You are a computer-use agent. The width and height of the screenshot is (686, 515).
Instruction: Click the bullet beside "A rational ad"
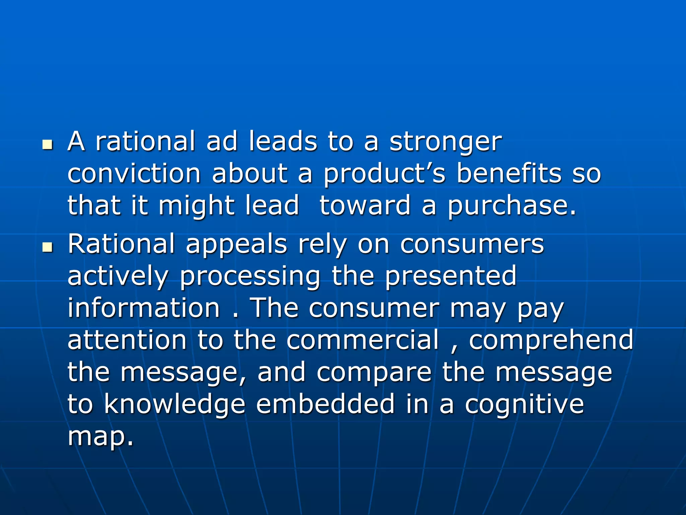pyautogui.click(x=48, y=145)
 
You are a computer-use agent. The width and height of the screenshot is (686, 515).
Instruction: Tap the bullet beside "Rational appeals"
pyautogui.click(x=48, y=248)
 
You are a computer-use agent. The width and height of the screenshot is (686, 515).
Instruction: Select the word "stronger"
pyautogui.click(x=445, y=142)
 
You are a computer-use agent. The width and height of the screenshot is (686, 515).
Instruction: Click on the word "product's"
pyautogui.click(x=384, y=174)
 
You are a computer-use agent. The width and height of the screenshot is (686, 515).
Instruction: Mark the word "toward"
pyautogui.click(x=365, y=205)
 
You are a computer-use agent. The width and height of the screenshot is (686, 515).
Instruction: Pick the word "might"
pyautogui.click(x=196, y=206)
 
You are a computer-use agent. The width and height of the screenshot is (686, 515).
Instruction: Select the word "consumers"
pyautogui.click(x=472, y=244)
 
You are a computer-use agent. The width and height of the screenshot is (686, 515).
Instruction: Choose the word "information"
pyautogui.click(x=144, y=308)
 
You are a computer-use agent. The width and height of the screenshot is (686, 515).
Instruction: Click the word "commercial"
pyautogui.click(x=362, y=340)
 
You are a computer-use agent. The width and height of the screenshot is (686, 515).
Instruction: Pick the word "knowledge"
pyautogui.click(x=175, y=404)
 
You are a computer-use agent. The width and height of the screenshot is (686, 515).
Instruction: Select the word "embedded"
pyautogui.click(x=326, y=404)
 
